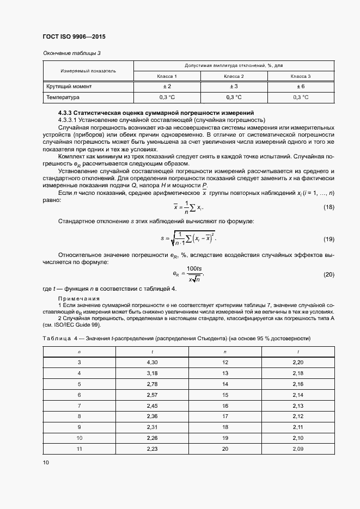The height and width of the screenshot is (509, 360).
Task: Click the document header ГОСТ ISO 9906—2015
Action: (74, 36)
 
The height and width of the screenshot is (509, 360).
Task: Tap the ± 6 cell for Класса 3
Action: (301, 87)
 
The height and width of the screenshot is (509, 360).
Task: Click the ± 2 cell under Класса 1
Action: (167, 87)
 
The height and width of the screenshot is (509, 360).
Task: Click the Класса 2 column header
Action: (234, 76)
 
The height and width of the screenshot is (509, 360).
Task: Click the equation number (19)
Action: (329, 239)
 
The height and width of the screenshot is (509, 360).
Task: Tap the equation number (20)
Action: (329, 274)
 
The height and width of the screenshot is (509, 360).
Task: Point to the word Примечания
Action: (78, 299)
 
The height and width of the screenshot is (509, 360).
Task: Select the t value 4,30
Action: (152, 362)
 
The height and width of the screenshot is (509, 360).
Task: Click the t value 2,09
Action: (298, 449)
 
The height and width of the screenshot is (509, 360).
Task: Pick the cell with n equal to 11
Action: (79, 449)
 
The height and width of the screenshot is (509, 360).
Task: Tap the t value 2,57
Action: (152, 394)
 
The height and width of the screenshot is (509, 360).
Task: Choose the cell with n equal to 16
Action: (225, 406)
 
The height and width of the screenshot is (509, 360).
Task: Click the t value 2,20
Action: (298, 362)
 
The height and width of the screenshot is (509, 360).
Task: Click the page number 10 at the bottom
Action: (46, 462)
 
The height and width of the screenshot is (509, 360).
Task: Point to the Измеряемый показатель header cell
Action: (88, 71)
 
